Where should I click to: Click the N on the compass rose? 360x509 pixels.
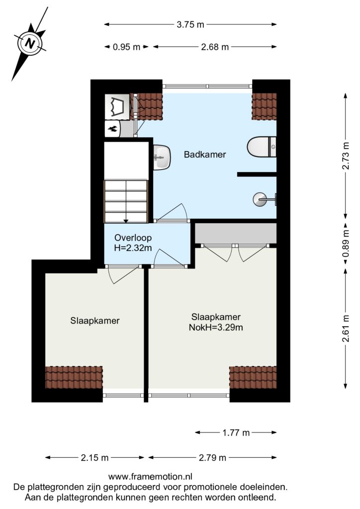click(30, 43)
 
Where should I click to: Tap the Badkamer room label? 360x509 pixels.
click(205, 154)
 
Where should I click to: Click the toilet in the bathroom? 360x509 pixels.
click(262, 147)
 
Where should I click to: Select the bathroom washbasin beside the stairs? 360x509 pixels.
click(162, 158)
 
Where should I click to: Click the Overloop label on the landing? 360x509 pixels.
click(133, 238)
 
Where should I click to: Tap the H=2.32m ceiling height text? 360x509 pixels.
click(133, 248)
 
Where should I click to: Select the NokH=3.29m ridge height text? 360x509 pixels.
click(216, 327)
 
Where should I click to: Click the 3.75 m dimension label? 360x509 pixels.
click(190, 24)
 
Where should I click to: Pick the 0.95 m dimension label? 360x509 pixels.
click(126, 47)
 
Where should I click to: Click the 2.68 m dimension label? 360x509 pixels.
click(215, 47)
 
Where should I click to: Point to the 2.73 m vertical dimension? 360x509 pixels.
click(347, 156)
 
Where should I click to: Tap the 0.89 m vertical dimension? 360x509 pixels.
click(347, 244)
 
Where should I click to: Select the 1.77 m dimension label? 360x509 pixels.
click(236, 432)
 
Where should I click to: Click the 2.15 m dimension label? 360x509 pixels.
click(94, 458)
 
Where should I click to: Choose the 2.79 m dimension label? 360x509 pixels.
click(212, 458)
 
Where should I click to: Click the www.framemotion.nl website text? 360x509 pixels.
click(150, 477)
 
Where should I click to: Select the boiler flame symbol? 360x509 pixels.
click(113, 129)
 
